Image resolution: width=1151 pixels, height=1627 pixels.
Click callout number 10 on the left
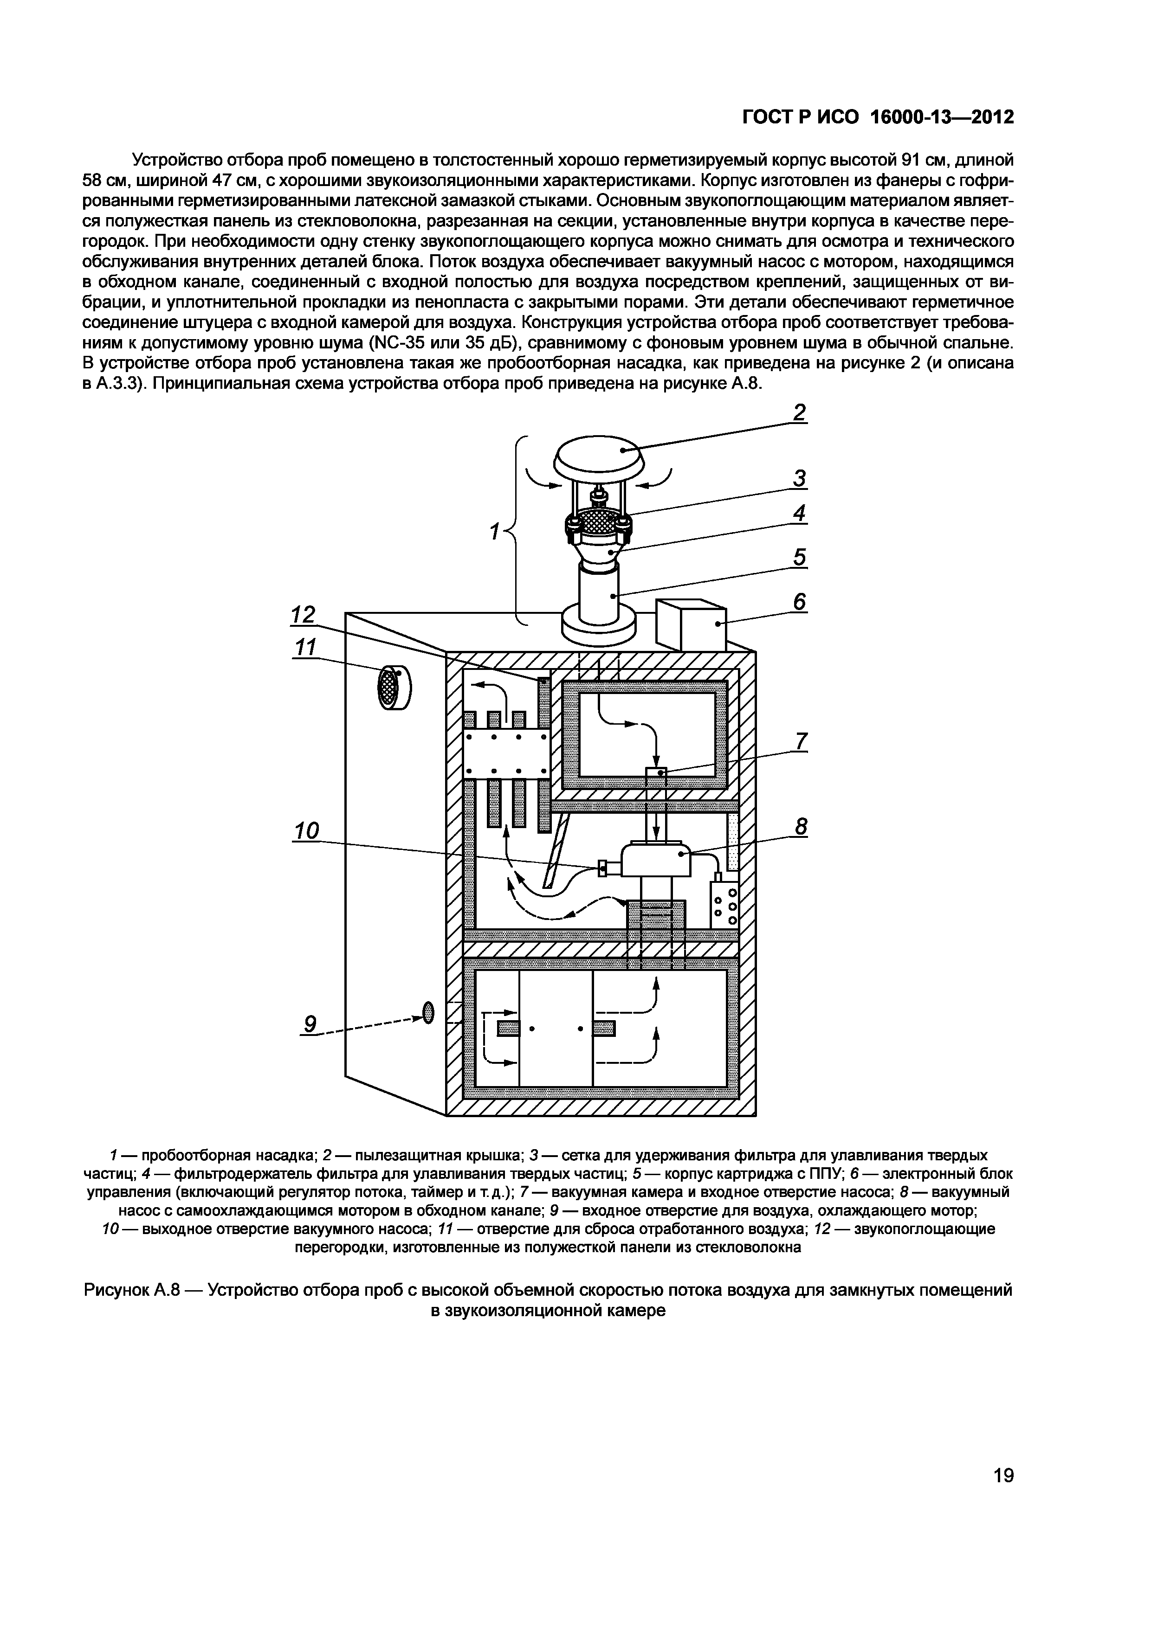coord(307,830)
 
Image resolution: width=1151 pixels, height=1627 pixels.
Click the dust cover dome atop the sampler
coord(598,454)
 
